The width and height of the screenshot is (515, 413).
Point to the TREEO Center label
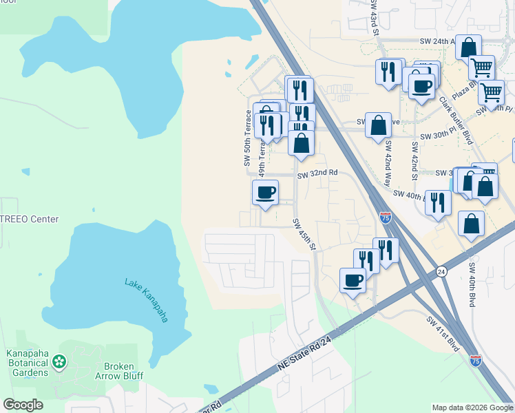click(x=30, y=219)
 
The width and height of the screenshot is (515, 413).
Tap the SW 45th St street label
click(x=304, y=234)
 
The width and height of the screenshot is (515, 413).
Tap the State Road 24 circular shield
click(x=441, y=272)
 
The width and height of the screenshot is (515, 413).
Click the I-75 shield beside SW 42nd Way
click(x=386, y=218)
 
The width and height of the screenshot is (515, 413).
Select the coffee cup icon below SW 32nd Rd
click(x=265, y=192)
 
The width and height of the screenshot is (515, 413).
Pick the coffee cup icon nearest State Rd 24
click(x=353, y=279)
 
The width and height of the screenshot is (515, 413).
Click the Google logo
click(x=23, y=405)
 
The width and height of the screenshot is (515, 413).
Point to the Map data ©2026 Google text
click(x=472, y=407)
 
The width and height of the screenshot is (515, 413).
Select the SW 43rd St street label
click(x=374, y=14)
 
